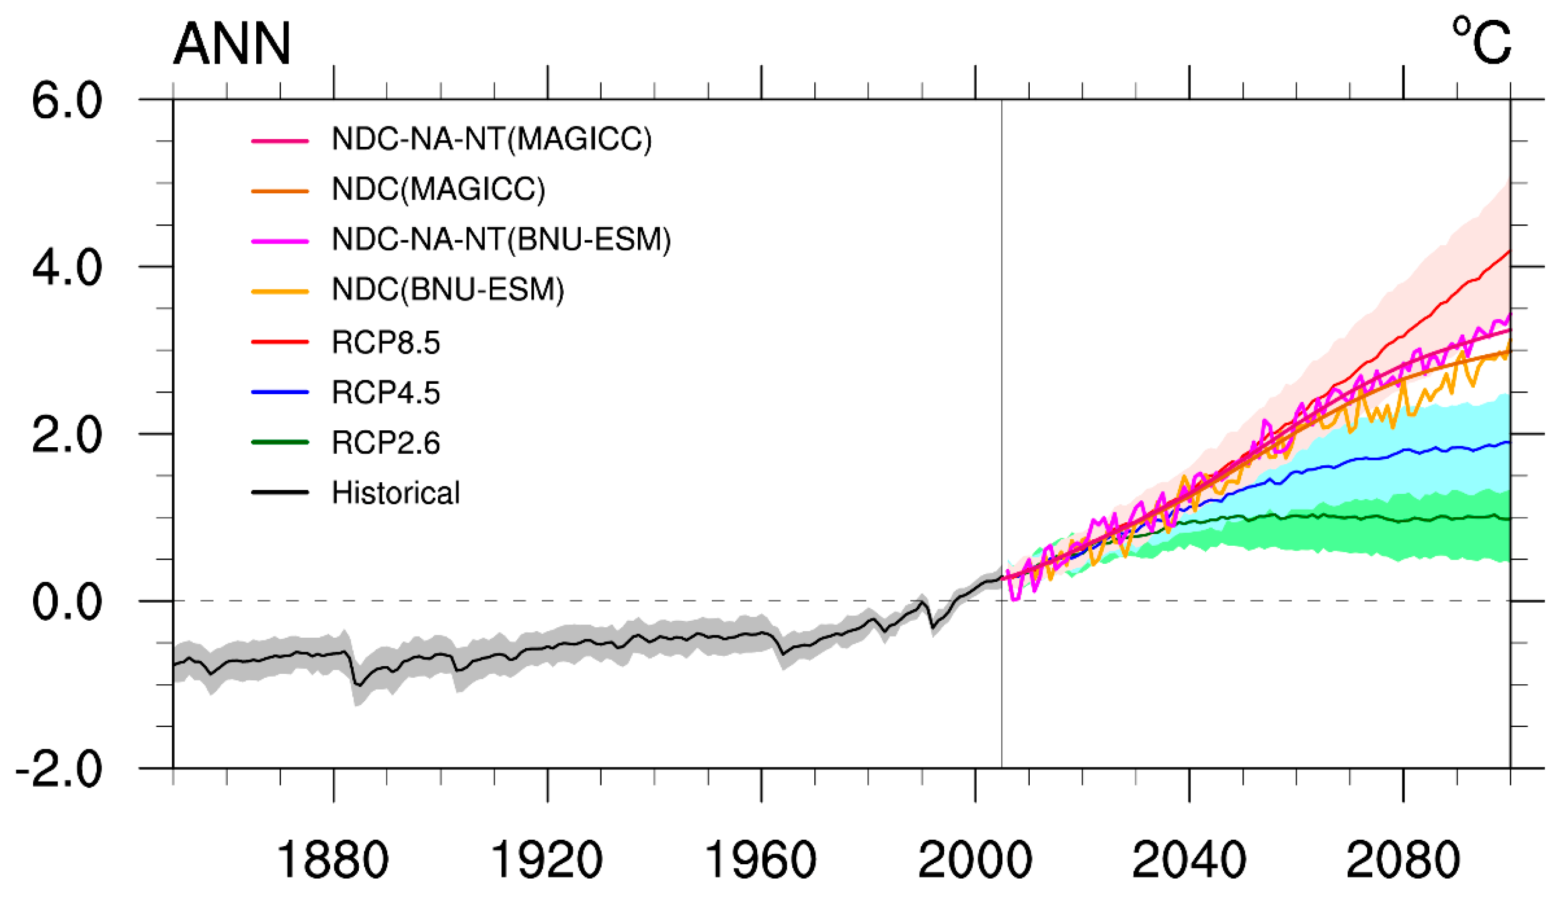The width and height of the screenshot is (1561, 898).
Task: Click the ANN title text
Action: tap(231, 44)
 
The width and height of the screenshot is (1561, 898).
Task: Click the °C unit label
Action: tap(1481, 42)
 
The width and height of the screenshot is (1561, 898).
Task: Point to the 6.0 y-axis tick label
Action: tap(66, 101)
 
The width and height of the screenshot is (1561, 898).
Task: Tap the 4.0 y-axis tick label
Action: tap(66, 268)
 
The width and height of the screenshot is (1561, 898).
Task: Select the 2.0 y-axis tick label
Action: tap(66, 436)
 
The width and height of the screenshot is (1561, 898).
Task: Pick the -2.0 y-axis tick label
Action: tap(59, 770)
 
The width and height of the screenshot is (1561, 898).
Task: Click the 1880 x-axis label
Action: tap(333, 860)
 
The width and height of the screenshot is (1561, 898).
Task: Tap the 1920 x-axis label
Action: tap(546, 860)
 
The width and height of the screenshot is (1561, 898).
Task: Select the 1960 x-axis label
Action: tap(761, 860)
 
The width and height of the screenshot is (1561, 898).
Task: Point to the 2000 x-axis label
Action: tap(974, 860)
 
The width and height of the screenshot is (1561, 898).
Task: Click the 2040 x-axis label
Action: tap(1189, 860)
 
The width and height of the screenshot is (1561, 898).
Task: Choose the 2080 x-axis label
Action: tap(1403, 860)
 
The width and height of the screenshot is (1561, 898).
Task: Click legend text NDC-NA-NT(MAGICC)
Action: tap(492, 139)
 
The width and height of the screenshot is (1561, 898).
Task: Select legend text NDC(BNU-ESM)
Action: tap(448, 290)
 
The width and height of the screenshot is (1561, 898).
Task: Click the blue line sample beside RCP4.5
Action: tap(280, 393)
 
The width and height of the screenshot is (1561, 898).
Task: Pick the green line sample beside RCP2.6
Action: tap(280, 442)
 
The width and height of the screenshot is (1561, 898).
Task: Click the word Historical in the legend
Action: tap(396, 493)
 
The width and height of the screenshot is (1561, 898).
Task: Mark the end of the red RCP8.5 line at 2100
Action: tap(1509, 251)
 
